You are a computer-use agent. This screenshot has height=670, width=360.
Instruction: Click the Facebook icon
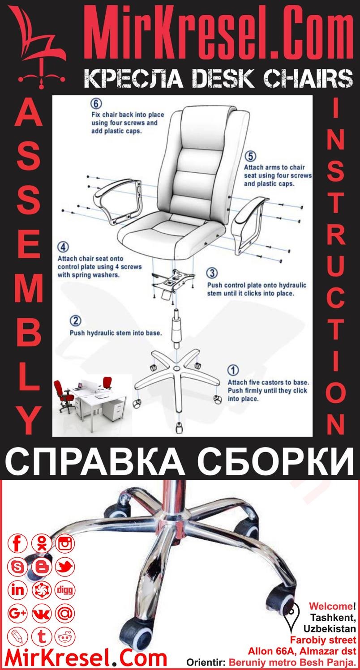18,544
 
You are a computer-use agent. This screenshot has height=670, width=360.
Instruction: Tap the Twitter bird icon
65,567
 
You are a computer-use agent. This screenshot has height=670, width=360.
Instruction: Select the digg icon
65,590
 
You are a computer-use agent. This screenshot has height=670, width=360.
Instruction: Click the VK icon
42,613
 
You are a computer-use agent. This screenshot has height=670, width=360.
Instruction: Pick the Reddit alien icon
65,636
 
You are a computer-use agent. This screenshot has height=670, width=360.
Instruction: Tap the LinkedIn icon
18,590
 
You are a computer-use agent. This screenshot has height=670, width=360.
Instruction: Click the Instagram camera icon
65,544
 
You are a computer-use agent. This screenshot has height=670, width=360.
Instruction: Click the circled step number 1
233,371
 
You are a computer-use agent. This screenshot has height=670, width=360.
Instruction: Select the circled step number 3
212,273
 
